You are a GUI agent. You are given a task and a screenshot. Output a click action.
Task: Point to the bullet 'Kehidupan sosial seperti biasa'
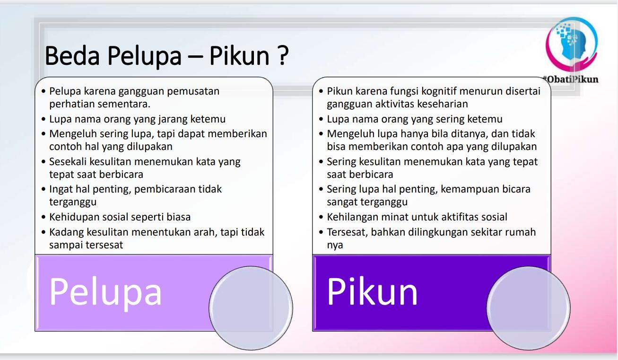click(120, 217)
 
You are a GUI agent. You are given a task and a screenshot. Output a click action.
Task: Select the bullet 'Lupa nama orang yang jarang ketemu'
click(137, 119)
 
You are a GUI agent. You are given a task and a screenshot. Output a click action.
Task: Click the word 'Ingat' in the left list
click(61, 189)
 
